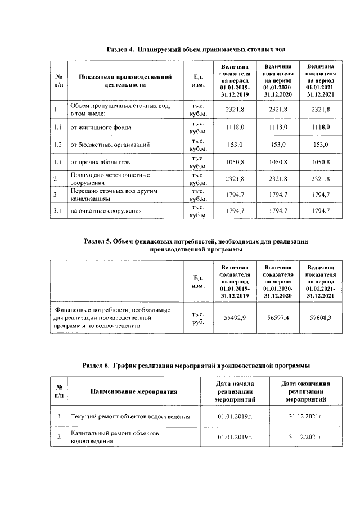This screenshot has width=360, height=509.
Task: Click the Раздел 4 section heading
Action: [x=192, y=49]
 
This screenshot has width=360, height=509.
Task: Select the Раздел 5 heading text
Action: [x=196, y=245]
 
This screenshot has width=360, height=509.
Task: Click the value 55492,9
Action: [x=235, y=318]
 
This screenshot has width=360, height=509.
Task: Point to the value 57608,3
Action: [x=321, y=318]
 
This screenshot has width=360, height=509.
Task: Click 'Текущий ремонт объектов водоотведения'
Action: [x=129, y=417]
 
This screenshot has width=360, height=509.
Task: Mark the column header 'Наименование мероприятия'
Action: [x=133, y=391]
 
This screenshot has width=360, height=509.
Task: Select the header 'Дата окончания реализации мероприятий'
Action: [x=305, y=391]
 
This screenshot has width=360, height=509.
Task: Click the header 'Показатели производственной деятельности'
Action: [x=124, y=81]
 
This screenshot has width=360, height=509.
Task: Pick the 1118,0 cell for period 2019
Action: [x=235, y=128]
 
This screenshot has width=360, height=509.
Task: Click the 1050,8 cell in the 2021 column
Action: [x=321, y=162]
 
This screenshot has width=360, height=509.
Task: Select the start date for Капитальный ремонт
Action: [x=233, y=437]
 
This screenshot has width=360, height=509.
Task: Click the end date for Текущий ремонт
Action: [x=305, y=417]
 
